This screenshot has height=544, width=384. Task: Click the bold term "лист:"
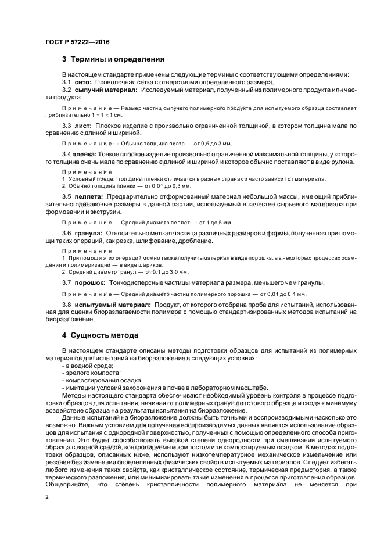click(82, 126)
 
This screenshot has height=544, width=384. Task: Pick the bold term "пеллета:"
click(88, 197)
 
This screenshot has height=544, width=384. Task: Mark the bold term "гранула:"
click(88, 233)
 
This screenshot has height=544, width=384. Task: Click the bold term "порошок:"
click(89, 282)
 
